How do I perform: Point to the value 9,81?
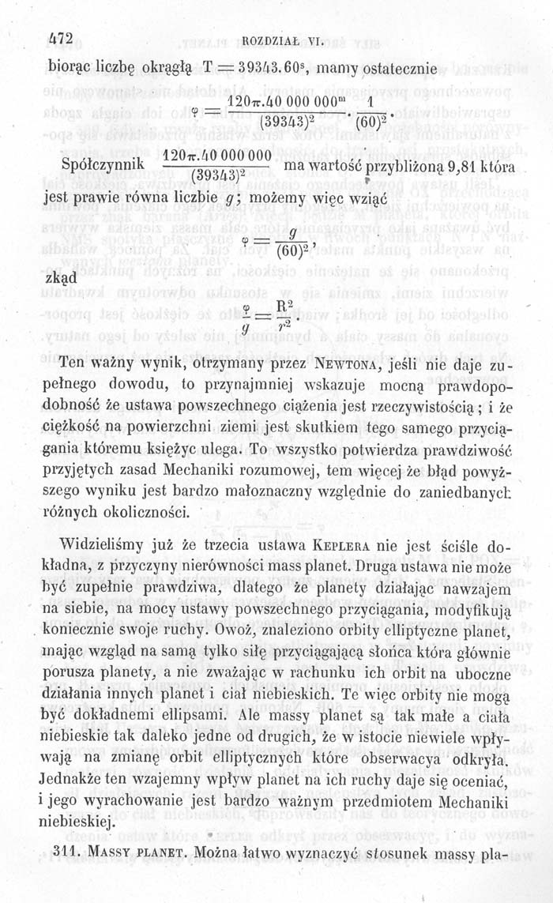point(460,167)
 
